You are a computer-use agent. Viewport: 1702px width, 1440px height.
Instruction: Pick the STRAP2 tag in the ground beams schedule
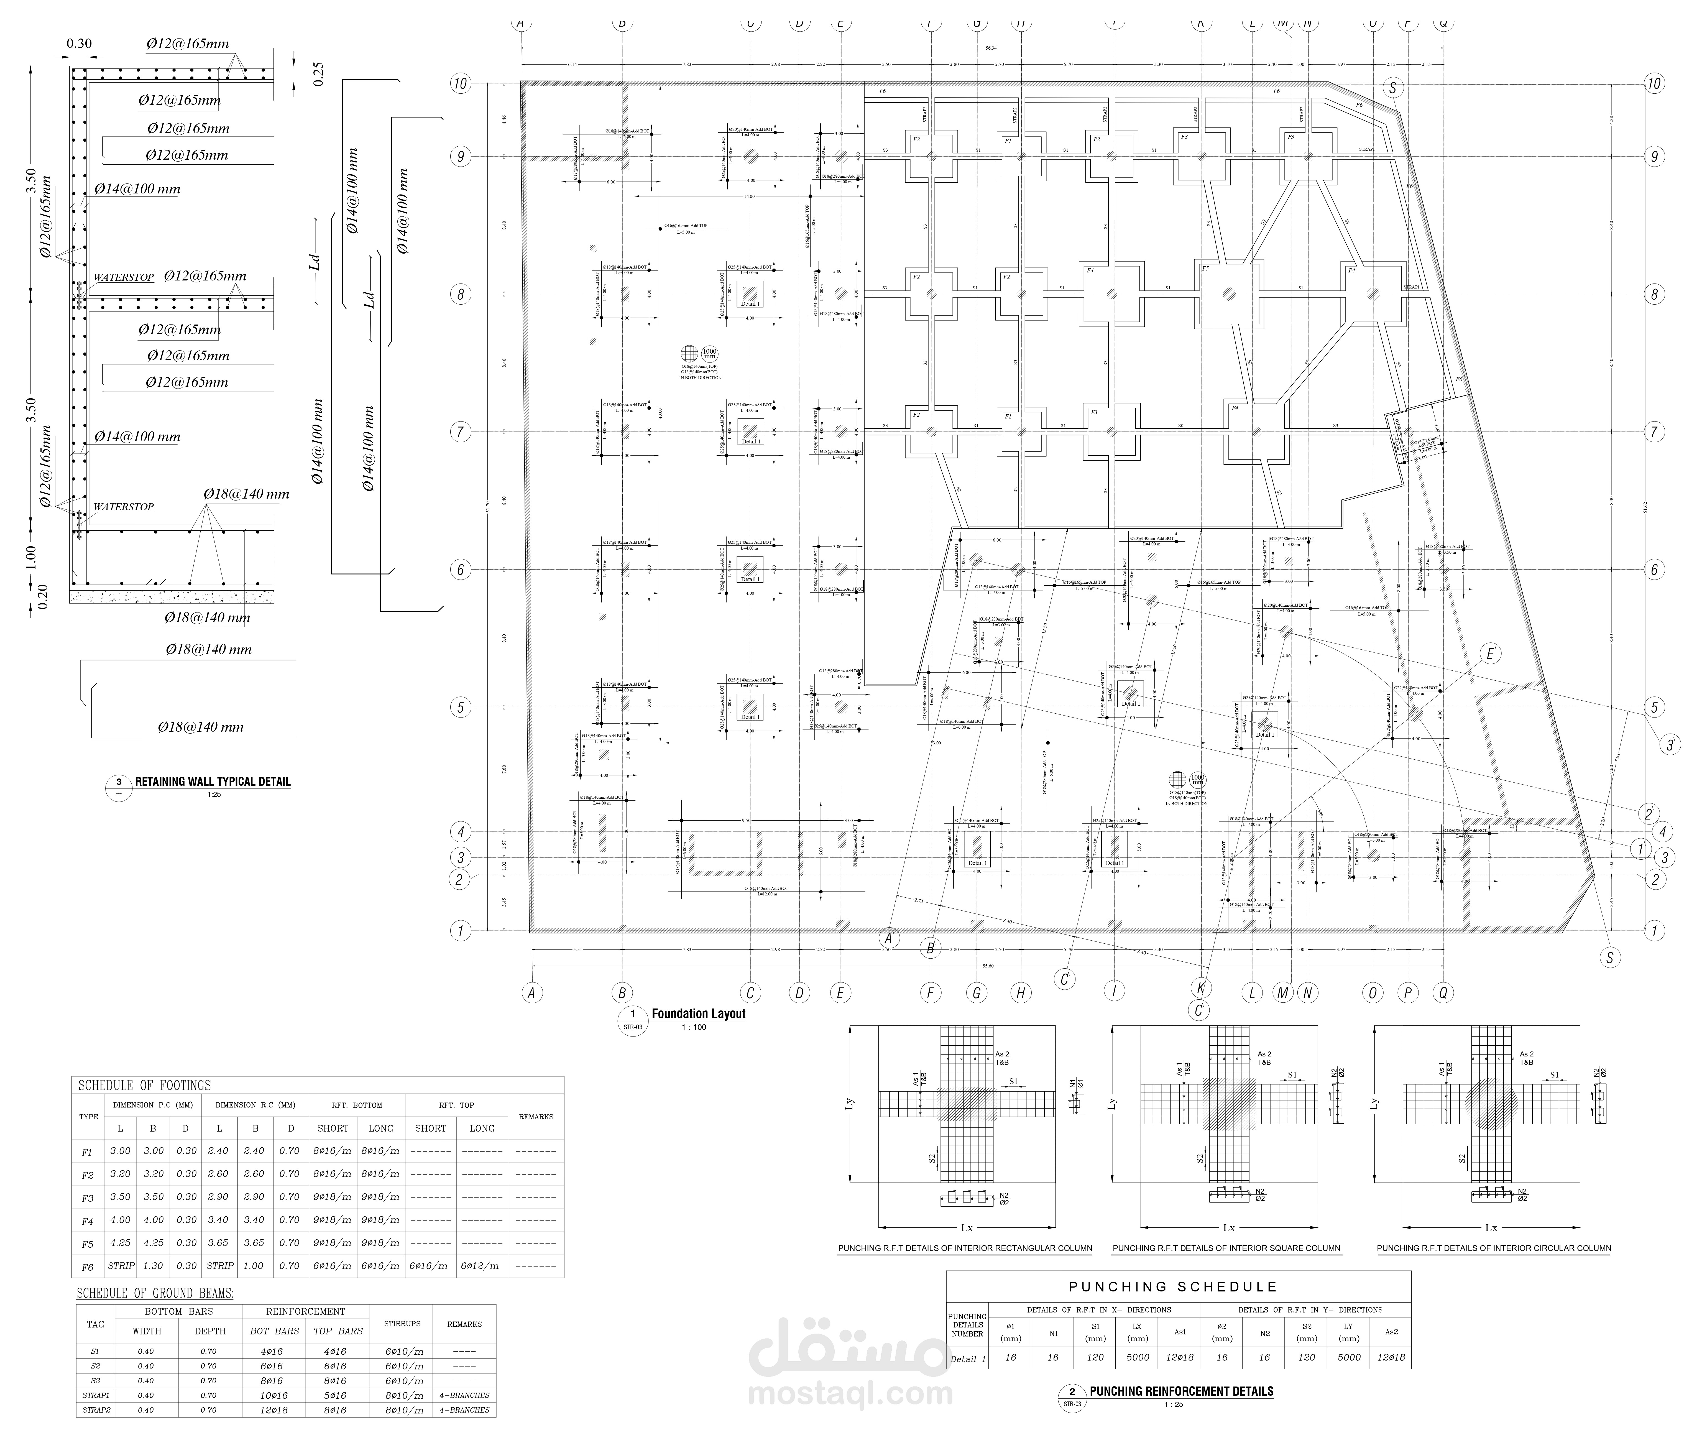coord(96,1410)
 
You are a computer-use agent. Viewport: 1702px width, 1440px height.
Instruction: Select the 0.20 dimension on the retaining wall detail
coord(42,595)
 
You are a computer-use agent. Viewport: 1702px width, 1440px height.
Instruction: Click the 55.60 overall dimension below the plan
coord(988,966)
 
